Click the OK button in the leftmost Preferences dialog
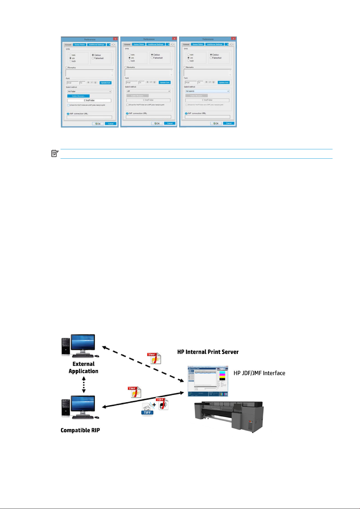click(98, 124)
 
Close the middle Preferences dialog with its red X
click(174, 39)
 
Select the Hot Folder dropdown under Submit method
click(89, 91)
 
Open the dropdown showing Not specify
click(207, 91)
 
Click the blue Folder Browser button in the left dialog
click(78, 96)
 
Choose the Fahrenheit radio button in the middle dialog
click(152, 58)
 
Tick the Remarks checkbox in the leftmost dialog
click(67, 68)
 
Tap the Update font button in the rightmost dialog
click(224, 82)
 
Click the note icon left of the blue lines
click(55, 154)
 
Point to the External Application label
click(83, 368)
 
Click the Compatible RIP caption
click(80, 430)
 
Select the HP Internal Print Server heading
click(208, 352)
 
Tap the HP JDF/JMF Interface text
click(259, 373)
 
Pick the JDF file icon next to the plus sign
click(163, 404)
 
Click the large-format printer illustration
click(229, 415)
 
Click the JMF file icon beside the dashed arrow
click(154, 358)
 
